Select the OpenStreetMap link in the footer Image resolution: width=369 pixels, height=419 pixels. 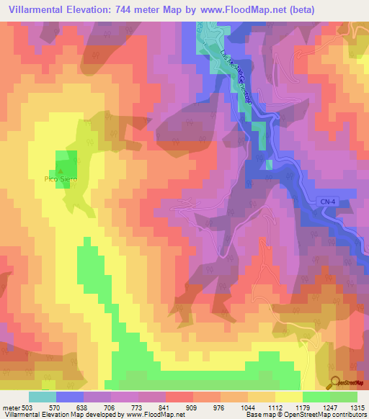(x=338, y=415)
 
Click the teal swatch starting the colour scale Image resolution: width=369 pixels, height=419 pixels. (x=42, y=397)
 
